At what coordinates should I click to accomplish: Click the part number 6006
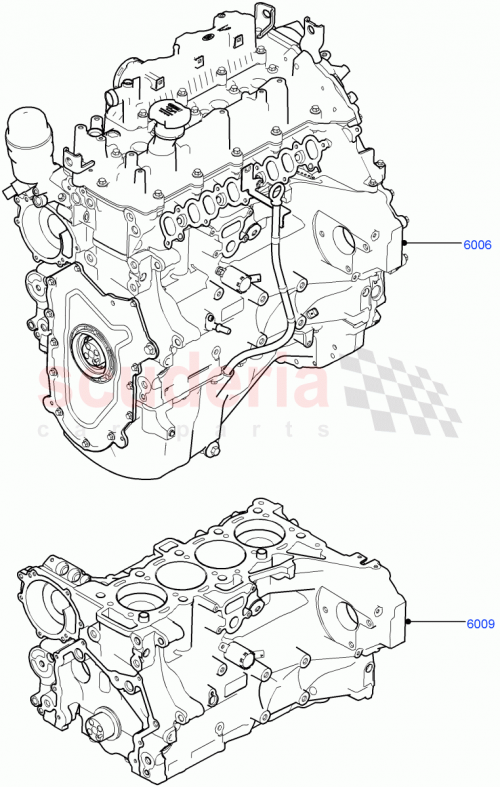pyautogui.click(x=476, y=244)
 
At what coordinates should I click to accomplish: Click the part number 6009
pyautogui.click(x=479, y=625)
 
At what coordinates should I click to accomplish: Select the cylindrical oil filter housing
pyautogui.click(x=24, y=144)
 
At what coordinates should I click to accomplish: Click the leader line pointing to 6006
pyautogui.click(x=430, y=244)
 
